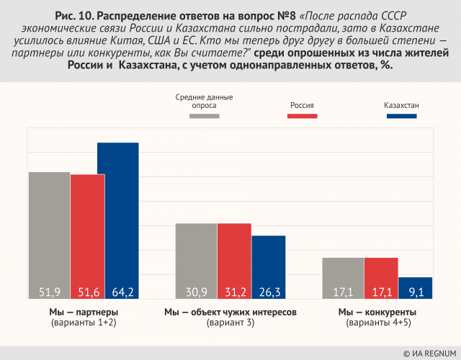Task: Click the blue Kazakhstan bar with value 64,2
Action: [118, 220]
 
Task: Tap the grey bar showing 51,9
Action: [49, 235]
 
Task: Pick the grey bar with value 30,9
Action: [197, 261]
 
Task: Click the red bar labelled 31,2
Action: [234, 261]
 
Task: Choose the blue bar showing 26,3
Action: [268, 267]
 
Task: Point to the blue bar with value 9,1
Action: [415, 288]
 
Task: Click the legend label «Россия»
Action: [302, 104]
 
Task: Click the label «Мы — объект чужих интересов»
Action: [230, 312]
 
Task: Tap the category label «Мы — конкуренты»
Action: [377, 312]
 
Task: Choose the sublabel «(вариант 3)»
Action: [230, 323]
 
